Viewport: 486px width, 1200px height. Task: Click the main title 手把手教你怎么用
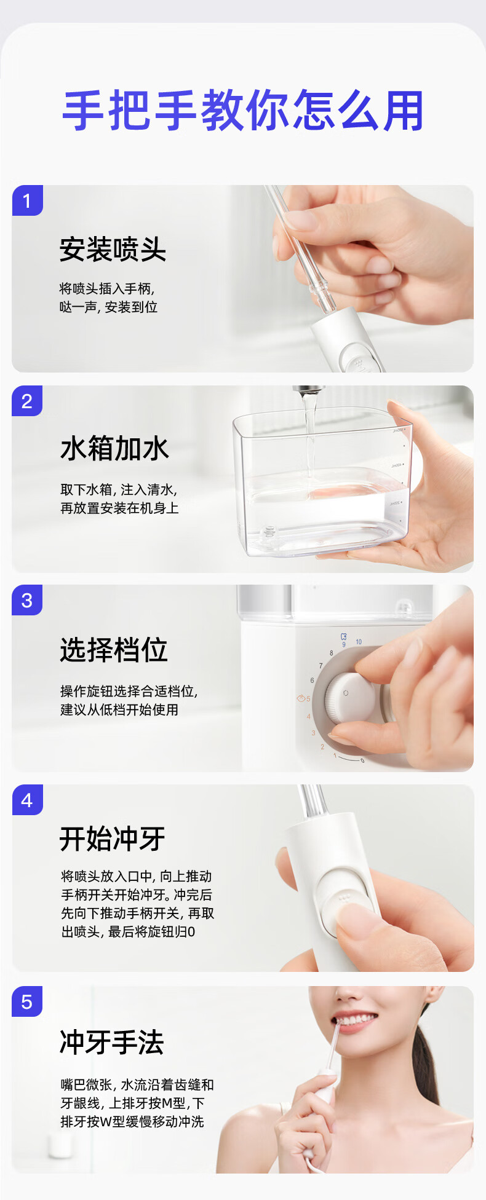[243, 111]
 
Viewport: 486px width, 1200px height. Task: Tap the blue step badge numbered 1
[27, 200]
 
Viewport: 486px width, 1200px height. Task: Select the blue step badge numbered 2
[27, 401]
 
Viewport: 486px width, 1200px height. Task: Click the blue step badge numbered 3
[27, 600]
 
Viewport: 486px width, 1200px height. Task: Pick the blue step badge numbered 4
[27, 800]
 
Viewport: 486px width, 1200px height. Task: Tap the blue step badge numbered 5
[27, 1001]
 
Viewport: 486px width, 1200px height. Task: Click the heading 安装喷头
[113, 250]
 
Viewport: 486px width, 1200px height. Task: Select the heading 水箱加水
[114, 448]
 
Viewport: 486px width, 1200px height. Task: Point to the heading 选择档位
[114, 649]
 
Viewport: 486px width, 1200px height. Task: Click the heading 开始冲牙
[113, 839]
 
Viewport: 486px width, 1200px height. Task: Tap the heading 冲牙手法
[112, 1042]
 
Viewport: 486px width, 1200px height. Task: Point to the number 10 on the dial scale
[359, 642]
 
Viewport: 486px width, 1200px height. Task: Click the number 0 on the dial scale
[362, 761]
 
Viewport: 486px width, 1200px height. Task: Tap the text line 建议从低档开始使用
[119, 709]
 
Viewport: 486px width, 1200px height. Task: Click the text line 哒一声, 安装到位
[108, 307]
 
